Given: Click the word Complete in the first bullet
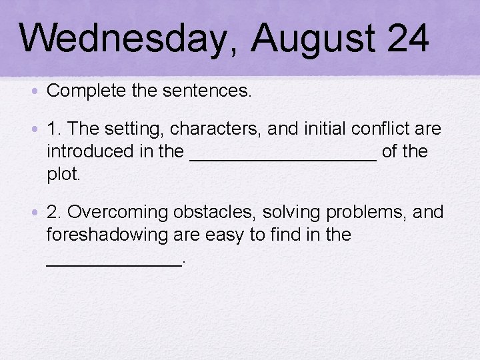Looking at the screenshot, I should (85, 91).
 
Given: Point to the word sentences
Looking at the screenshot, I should (210, 91).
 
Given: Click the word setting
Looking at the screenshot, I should (136, 129).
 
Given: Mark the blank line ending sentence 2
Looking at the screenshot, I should (113, 265).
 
